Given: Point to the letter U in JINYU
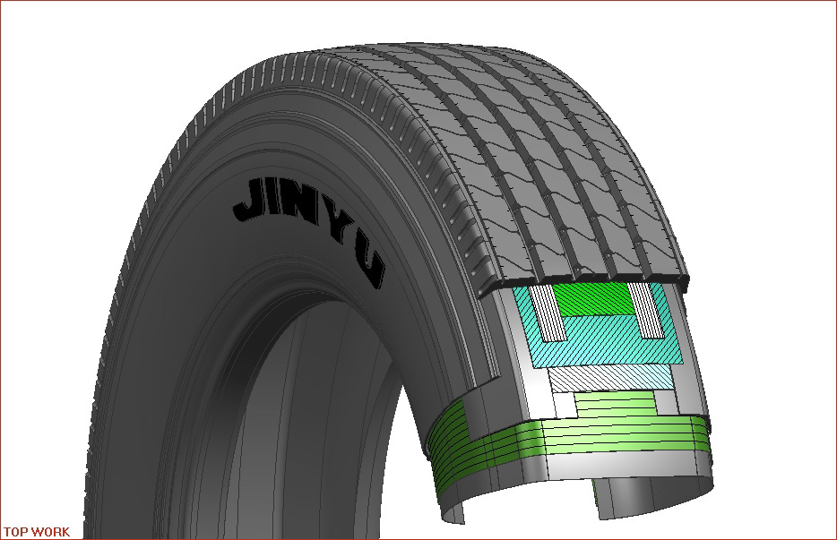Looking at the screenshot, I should [371, 267].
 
